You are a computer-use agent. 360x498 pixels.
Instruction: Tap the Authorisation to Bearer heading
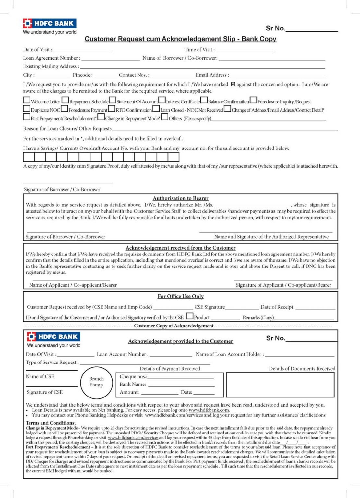pos(180,198)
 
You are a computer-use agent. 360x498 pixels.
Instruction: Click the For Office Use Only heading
pos(180,296)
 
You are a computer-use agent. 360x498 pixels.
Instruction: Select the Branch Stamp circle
pos(96,382)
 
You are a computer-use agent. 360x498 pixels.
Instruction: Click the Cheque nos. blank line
pos(181,377)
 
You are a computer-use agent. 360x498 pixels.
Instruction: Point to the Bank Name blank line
pos(181,385)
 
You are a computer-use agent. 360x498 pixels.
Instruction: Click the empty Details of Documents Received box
pos(280,385)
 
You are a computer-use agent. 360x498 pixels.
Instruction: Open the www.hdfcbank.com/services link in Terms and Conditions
pos(133,438)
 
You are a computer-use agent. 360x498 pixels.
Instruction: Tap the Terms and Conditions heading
pos(51,423)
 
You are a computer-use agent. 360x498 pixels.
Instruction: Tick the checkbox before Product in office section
pos(190,316)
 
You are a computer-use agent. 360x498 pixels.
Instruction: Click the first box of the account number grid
pos(29,157)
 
